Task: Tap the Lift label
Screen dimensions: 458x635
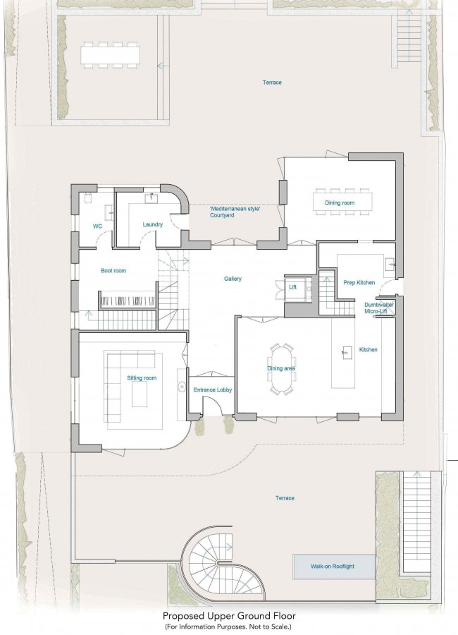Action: coord(293,287)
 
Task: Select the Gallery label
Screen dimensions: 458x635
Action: coord(233,279)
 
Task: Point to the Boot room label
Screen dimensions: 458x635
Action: coord(113,270)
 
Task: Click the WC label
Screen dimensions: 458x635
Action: coord(97,226)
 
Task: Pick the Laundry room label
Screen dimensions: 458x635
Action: coord(152,224)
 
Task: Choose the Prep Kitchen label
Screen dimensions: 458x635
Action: coord(359,283)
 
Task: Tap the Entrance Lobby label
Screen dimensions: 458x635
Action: coord(212,390)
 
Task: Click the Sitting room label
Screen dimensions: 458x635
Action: coord(142,378)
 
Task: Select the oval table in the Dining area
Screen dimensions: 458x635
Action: coord(283,368)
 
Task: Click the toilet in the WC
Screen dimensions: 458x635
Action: coord(89,197)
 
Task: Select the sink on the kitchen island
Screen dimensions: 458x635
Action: coord(347,352)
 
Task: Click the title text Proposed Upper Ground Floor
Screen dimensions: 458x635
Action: coord(229,616)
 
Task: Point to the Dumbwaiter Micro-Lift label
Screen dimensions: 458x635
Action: coord(378,308)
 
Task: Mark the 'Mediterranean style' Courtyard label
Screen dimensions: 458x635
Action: coord(235,212)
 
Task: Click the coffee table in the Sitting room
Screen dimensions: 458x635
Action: coord(140,394)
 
